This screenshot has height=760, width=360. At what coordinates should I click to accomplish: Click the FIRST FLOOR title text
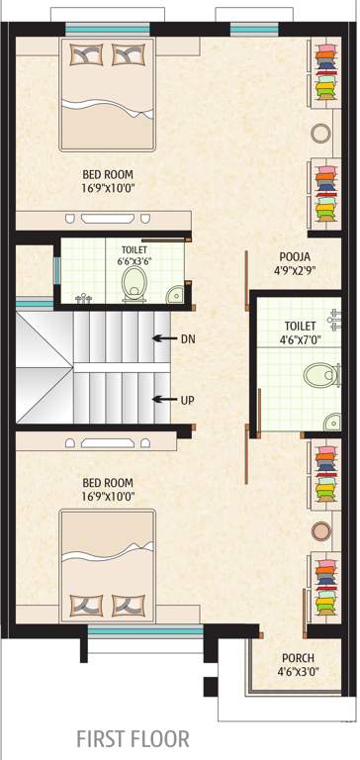133,738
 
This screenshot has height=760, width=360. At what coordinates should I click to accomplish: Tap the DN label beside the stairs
188,338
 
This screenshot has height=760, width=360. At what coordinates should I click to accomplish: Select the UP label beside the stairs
188,400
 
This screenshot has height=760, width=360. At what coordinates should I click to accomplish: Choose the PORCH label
297,658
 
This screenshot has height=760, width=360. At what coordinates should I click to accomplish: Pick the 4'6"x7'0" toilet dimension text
299,339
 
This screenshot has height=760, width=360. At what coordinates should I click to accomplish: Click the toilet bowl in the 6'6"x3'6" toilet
134,287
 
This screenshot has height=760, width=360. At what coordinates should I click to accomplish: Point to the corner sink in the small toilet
175,293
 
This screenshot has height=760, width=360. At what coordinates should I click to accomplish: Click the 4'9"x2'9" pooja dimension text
295,268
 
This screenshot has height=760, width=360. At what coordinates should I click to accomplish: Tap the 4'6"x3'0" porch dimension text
297,673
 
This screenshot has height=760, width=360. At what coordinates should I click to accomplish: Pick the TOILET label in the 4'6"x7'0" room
299,326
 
